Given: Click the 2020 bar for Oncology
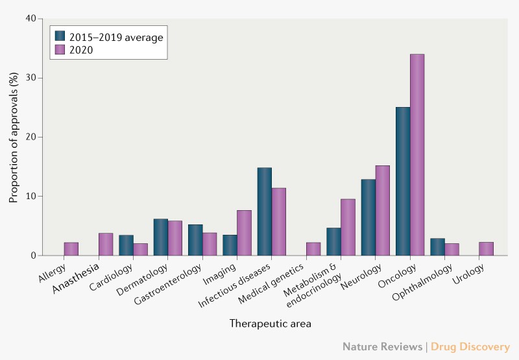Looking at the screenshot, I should [417, 155].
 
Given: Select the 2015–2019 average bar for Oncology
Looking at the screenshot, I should [403, 182].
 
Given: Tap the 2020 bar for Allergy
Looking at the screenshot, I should [71, 249].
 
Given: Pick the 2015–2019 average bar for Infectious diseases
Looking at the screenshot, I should [265, 211].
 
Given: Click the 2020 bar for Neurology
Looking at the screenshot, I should [383, 211].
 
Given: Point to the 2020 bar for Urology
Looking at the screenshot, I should [487, 249].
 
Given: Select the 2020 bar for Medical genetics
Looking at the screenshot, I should [313, 249].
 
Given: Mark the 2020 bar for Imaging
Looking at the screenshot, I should [244, 233].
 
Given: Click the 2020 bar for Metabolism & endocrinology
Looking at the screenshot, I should [348, 227].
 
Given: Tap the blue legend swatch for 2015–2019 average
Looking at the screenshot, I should [60, 36].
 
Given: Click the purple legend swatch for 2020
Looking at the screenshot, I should [60, 49].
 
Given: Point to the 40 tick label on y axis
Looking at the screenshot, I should [30, 18].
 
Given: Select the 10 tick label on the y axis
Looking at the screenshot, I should [30, 196].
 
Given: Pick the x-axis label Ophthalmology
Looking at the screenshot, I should [426, 278].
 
